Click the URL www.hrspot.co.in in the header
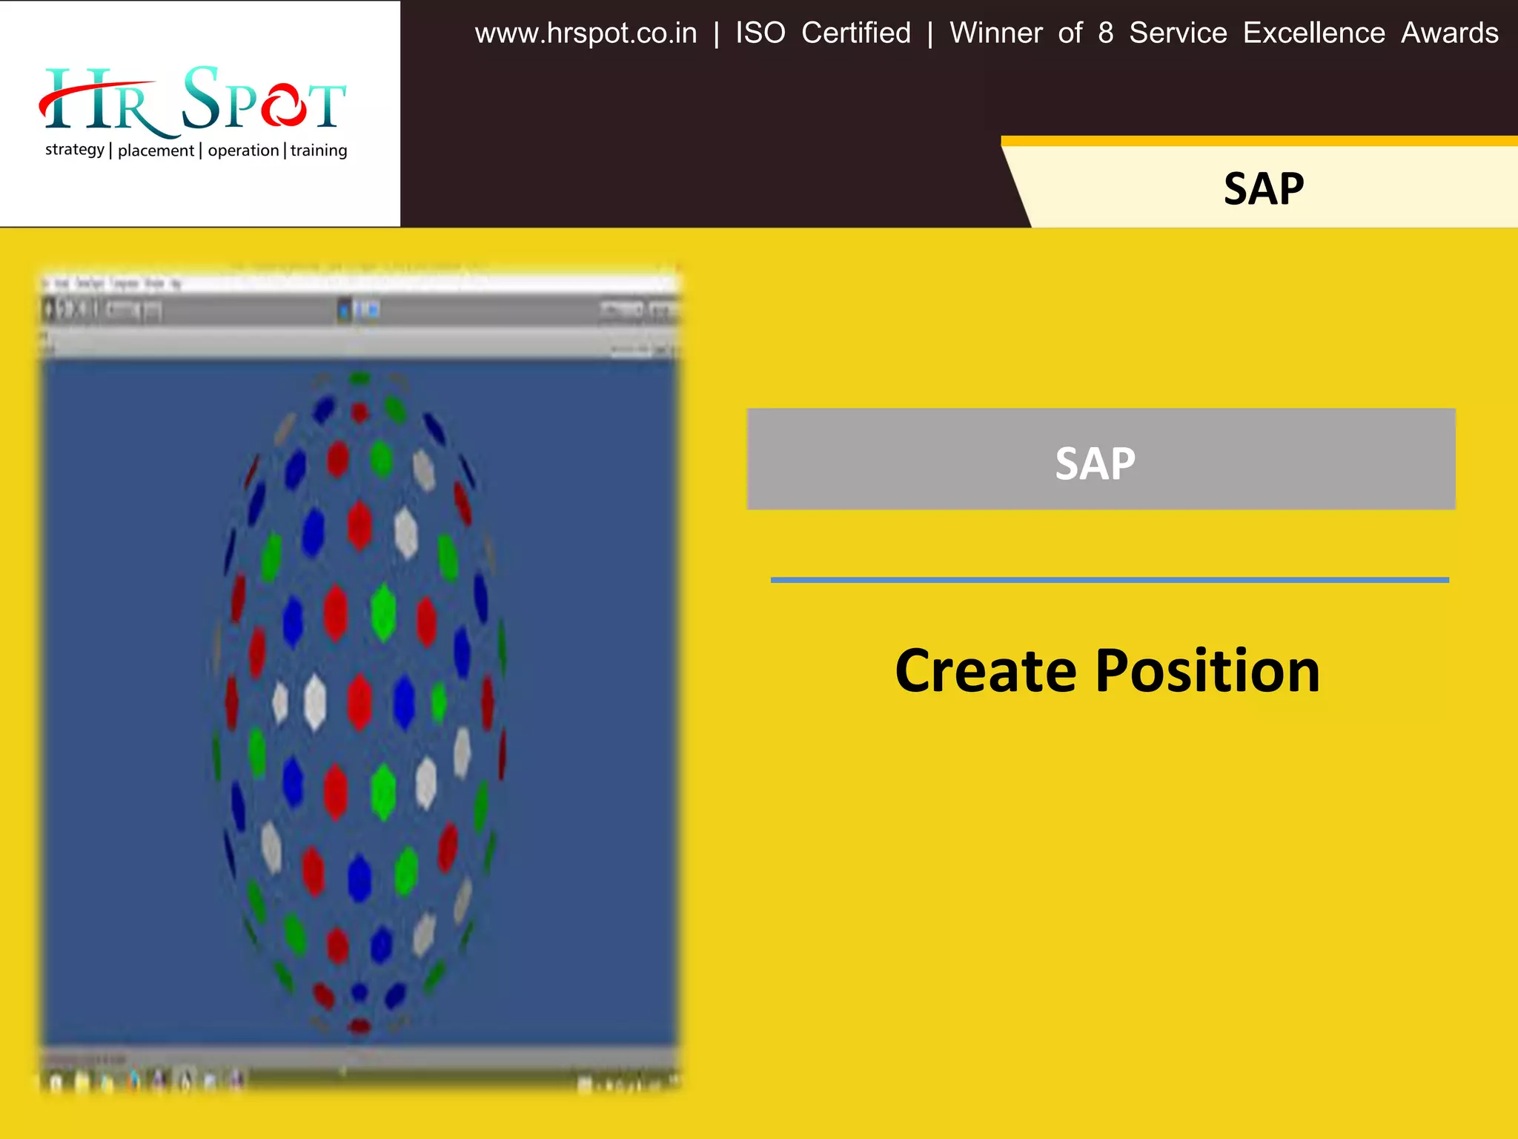[x=586, y=33]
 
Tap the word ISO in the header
[x=760, y=33]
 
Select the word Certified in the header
[x=856, y=33]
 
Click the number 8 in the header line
[x=1105, y=33]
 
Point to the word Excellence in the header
[x=1313, y=33]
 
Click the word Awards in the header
[x=1449, y=33]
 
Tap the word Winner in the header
[x=995, y=33]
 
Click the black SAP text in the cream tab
[x=1263, y=189]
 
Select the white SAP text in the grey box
[x=1095, y=463]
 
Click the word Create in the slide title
[x=985, y=671]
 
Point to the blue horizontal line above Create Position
[x=1110, y=580]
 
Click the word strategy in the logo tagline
[x=75, y=150]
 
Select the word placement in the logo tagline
[x=156, y=151]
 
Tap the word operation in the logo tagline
[x=243, y=151]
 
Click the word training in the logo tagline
[x=319, y=151]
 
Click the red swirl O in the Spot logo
[x=282, y=105]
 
